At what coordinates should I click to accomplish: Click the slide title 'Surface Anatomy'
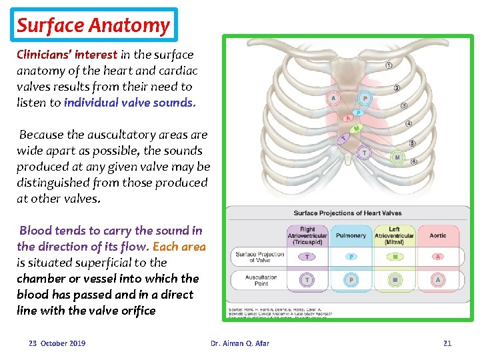[x=93, y=25]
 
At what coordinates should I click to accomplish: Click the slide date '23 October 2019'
[x=57, y=343]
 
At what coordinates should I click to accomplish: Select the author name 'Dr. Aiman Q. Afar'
[x=240, y=343]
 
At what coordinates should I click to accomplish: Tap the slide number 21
[x=447, y=343]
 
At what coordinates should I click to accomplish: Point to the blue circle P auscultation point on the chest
[x=364, y=99]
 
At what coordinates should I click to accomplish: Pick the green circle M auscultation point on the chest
[x=397, y=157]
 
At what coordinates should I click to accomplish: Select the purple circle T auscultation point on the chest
[x=363, y=153]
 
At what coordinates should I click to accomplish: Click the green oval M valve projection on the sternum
[x=356, y=128]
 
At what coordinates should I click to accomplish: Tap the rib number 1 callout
[x=389, y=65]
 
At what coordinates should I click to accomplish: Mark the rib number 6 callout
[x=414, y=161]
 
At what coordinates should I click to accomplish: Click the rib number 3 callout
[x=404, y=106]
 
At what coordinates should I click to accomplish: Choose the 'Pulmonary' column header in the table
[x=351, y=235]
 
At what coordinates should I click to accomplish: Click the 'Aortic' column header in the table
[x=438, y=235]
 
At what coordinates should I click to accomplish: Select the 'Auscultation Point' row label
[x=261, y=280]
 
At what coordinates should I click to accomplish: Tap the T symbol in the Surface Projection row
[x=307, y=257]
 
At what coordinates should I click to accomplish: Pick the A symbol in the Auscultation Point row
[x=437, y=280]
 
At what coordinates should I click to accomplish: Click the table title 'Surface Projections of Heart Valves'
[x=347, y=213]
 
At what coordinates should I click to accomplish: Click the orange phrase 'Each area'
[x=179, y=247]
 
